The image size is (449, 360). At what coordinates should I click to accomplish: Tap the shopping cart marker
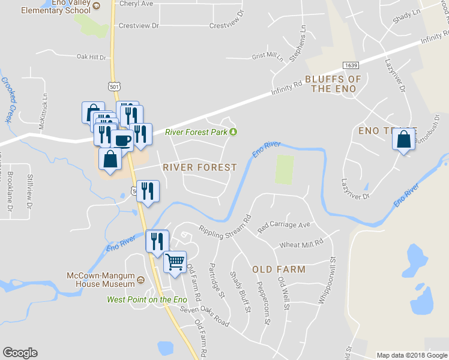[175, 261]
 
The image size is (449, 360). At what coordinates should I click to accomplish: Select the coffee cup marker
[122, 140]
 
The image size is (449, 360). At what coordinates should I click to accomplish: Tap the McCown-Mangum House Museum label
[100, 280]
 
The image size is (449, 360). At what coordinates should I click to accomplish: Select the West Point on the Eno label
[147, 299]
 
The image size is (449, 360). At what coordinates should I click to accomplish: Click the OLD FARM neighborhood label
[279, 269]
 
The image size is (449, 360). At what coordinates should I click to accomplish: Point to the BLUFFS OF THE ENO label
[333, 84]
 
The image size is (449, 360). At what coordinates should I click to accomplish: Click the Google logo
[20, 353]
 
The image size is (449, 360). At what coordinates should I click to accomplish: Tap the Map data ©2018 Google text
[411, 355]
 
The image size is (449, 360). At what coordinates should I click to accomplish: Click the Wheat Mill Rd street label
[301, 244]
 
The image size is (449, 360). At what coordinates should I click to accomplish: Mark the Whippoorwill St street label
[331, 280]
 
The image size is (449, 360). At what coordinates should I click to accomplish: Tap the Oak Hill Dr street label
[91, 57]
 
